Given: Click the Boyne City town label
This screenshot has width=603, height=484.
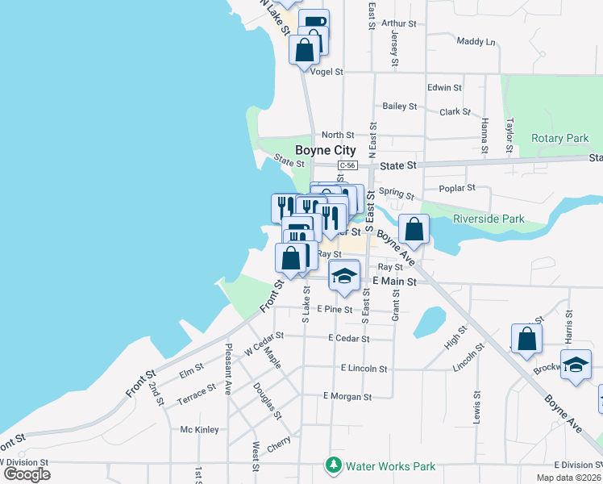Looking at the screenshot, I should point(325,150).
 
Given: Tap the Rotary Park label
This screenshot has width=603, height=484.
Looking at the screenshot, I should point(560,138).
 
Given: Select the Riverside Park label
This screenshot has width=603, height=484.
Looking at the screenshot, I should point(489,219).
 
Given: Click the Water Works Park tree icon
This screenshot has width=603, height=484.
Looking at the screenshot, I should point(333,465).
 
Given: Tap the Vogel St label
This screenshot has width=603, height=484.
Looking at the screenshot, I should point(327,72).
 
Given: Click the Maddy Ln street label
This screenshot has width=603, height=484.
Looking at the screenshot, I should point(476,41).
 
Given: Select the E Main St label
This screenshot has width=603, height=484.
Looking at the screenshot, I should point(394,282).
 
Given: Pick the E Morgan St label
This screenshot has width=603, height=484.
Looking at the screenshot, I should point(347,397).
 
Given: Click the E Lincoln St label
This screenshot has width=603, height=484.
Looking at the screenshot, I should point(364,369).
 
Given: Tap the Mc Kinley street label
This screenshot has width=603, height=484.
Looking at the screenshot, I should point(199,429).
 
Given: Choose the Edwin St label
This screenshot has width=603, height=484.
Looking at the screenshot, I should point(444,87).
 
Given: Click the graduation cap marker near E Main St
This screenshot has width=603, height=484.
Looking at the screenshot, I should point(344,277).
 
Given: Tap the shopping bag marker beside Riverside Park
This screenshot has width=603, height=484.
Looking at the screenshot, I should point(414,229).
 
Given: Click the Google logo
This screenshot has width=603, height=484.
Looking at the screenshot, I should point(27,474).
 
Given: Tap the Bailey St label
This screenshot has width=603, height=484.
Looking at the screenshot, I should point(400,106).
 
